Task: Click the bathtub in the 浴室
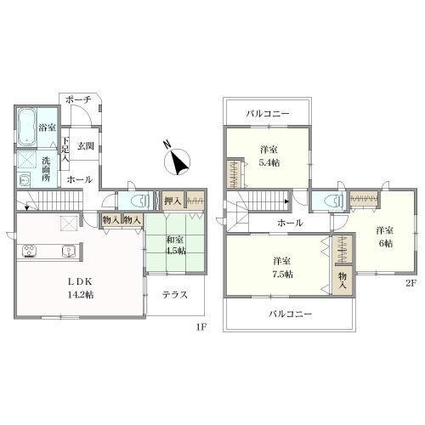(x=26, y=127)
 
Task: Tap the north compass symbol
(x=177, y=161)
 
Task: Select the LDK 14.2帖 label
(x=81, y=288)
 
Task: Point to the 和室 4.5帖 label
(x=176, y=245)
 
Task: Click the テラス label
(x=175, y=295)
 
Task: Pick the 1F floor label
(x=202, y=327)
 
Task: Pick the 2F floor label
(x=411, y=284)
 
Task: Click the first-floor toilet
(x=141, y=201)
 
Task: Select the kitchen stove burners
(x=30, y=251)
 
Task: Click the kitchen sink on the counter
(x=68, y=252)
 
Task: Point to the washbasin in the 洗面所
(x=24, y=180)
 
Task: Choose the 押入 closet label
(x=173, y=201)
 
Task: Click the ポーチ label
(x=78, y=99)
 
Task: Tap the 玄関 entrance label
(x=86, y=146)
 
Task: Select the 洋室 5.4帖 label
(x=269, y=156)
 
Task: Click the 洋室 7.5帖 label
(x=282, y=268)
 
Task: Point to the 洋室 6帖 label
(x=385, y=236)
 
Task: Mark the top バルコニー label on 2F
(x=268, y=114)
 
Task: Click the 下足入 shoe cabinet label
(x=65, y=150)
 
